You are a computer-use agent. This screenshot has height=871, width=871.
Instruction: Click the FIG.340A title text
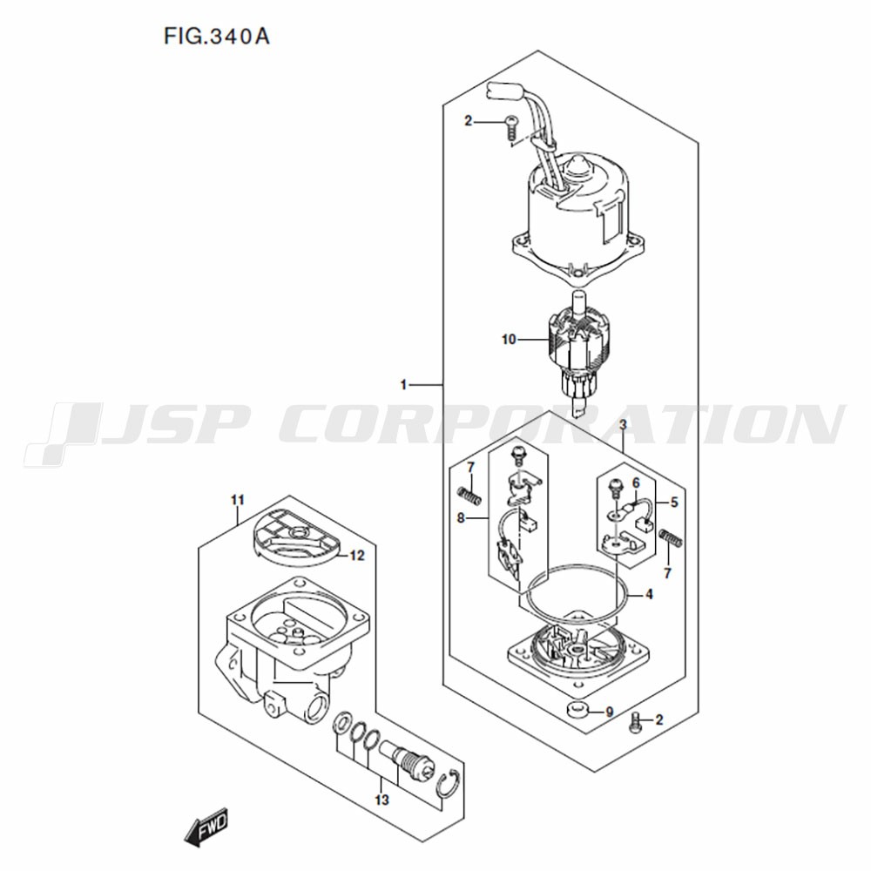click(x=217, y=36)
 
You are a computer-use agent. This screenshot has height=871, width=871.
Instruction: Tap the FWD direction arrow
click(x=206, y=827)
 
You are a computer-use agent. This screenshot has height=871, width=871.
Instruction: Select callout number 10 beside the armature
click(x=509, y=340)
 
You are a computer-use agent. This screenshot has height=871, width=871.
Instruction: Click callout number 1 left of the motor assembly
click(x=404, y=384)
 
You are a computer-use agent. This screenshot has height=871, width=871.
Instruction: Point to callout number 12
click(x=357, y=556)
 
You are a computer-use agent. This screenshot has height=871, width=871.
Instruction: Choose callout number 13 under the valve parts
click(x=381, y=800)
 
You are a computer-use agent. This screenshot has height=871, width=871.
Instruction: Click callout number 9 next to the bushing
click(x=610, y=712)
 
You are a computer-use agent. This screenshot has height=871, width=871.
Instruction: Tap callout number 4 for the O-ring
click(x=649, y=594)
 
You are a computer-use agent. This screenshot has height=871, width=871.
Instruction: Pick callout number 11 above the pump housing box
click(x=238, y=501)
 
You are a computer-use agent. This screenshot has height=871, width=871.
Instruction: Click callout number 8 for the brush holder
click(x=461, y=518)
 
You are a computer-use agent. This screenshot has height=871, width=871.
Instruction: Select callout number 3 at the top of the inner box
click(x=624, y=425)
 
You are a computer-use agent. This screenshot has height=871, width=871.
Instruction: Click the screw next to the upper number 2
click(x=511, y=128)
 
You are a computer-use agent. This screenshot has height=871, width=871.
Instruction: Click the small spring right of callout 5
click(x=671, y=537)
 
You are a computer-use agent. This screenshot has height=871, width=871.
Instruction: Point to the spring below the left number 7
click(x=469, y=495)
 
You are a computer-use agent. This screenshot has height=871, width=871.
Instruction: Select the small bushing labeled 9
click(x=577, y=709)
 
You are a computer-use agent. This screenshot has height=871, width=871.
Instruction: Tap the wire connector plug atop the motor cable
click(x=507, y=93)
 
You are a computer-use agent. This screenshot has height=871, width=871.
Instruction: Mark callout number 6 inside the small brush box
click(x=636, y=483)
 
